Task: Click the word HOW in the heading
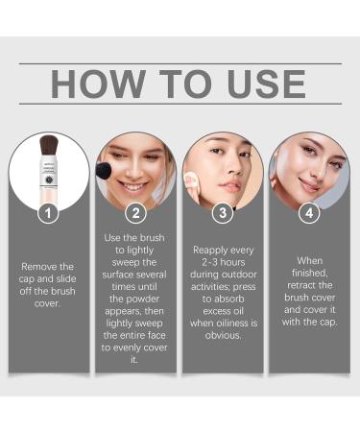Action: (x=92, y=84)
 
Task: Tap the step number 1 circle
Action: (x=48, y=213)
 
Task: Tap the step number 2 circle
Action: (x=136, y=213)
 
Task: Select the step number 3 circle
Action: (x=223, y=213)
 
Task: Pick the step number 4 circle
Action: (x=309, y=213)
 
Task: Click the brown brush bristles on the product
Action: (x=49, y=153)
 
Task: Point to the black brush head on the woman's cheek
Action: (x=103, y=171)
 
